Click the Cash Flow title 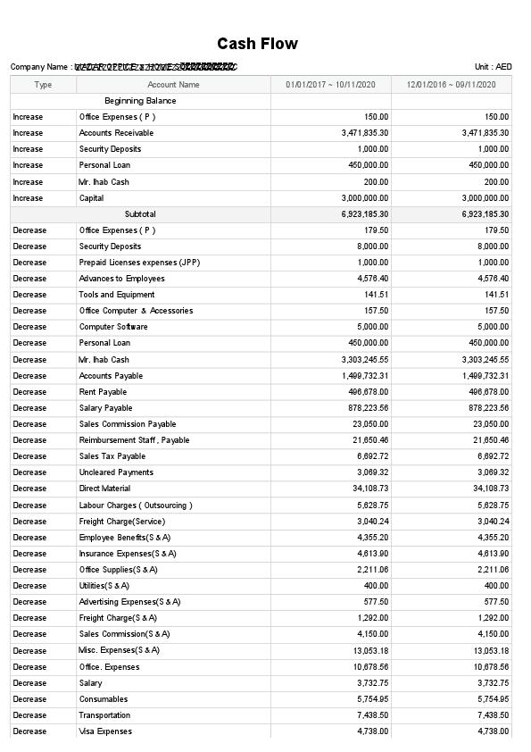click(x=257, y=44)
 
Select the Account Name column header click(x=173, y=85)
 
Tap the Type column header click(x=43, y=85)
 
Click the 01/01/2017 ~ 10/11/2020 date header click(x=330, y=85)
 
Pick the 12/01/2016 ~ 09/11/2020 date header click(x=451, y=85)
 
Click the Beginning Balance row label click(x=140, y=101)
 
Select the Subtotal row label click(x=140, y=214)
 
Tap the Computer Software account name click(x=113, y=327)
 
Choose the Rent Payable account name click(x=103, y=392)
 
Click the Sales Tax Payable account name click(x=112, y=456)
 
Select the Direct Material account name click(x=104, y=489)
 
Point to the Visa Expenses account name click(x=105, y=731)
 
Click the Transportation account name click(x=104, y=715)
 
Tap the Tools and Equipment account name click(x=117, y=295)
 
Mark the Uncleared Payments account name click(x=116, y=472)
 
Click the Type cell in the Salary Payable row click(x=29, y=408)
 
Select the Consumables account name click(x=104, y=699)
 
